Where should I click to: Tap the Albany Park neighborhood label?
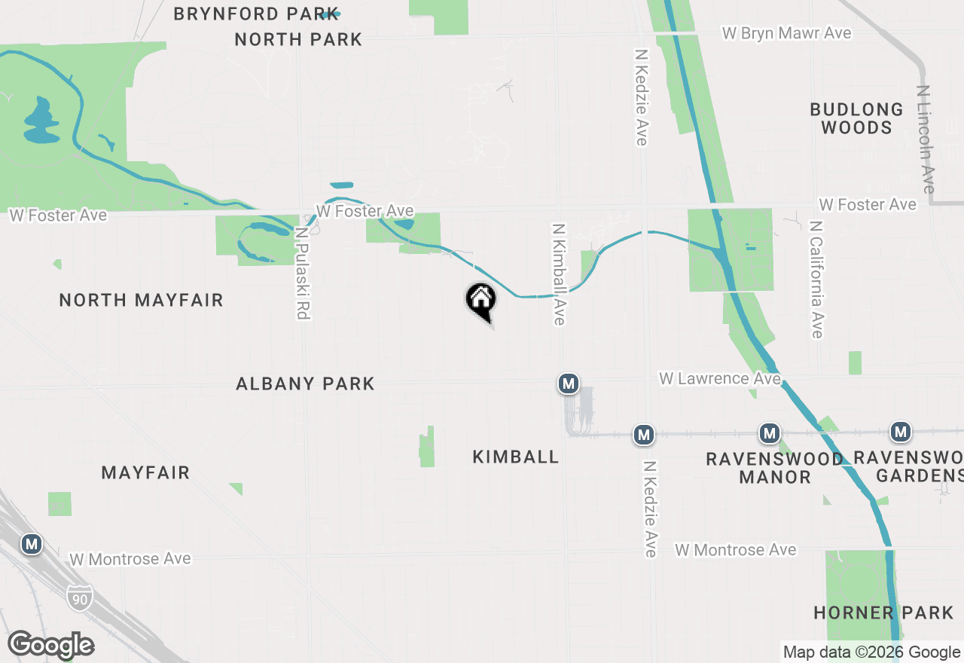click(x=305, y=383)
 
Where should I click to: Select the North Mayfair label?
click(x=141, y=300)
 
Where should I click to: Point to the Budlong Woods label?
click(x=856, y=118)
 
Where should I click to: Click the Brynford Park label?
click(x=245, y=14)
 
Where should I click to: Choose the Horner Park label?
click(x=883, y=612)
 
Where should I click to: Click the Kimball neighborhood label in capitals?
click(x=516, y=457)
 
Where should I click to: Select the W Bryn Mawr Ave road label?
click(x=786, y=33)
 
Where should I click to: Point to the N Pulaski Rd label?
click(x=303, y=273)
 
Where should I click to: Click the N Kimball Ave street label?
click(x=558, y=274)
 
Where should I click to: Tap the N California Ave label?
click(x=816, y=280)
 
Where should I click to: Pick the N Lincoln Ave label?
click(x=926, y=139)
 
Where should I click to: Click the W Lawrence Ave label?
click(x=719, y=378)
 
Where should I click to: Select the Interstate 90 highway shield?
click(x=79, y=597)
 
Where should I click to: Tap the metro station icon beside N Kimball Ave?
click(x=569, y=383)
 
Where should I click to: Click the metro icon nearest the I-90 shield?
click(x=31, y=544)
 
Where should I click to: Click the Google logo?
click(x=50, y=646)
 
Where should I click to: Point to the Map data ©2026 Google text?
click(x=871, y=652)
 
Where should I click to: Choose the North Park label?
click(x=298, y=39)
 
